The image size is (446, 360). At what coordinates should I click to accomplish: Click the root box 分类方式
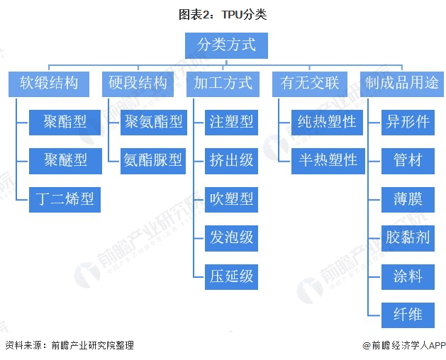pyautogui.click(x=226, y=45)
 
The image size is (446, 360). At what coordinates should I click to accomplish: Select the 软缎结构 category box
pyautogui.click(x=49, y=84)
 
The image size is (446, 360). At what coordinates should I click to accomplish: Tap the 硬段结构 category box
pyautogui.click(x=138, y=84)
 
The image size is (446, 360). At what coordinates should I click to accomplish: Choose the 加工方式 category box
pyautogui.click(x=223, y=84)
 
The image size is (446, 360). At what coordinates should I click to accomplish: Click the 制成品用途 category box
pyautogui.click(x=401, y=84)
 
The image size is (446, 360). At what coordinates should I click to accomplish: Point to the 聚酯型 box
pyautogui.click(x=65, y=122)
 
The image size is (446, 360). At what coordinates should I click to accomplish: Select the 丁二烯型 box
pyautogui.click(x=65, y=199)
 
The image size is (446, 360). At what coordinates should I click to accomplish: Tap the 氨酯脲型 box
pyautogui.click(x=153, y=160)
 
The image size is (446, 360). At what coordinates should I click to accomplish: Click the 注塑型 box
pyautogui.click(x=231, y=122)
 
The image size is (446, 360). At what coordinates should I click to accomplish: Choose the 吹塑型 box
pyautogui.click(x=231, y=199)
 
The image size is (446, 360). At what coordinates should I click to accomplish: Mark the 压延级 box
pyautogui.click(x=231, y=276)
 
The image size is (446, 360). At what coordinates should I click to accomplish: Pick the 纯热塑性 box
pyautogui.click(x=327, y=122)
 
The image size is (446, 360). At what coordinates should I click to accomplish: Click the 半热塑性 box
pyautogui.click(x=327, y=160)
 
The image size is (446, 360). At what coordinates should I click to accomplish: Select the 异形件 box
pyautogui.click(x=407, y=122)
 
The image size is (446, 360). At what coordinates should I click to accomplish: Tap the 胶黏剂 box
pyautogui.click(x=407, y=237)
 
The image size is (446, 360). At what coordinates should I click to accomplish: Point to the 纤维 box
pyautogui.click(x=407, y=315)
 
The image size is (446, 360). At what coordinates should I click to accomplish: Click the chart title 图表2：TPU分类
pyautogui.click(x=223, y=14)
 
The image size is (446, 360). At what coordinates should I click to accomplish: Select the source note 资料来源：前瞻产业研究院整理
pyautogui.click(x=69, y=346)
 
